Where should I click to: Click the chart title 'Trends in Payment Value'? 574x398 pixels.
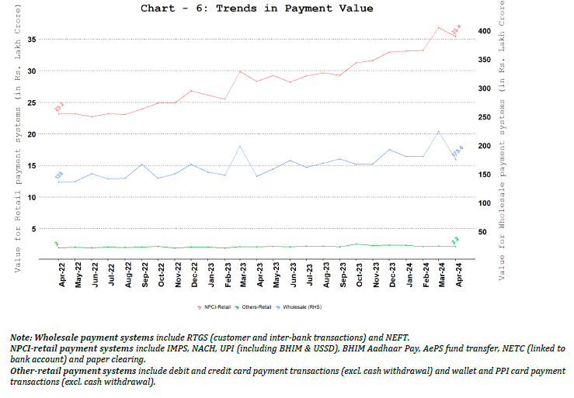(256, 9)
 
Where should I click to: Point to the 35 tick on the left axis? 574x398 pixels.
(30, 39)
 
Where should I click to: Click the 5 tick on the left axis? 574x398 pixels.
(33, 229)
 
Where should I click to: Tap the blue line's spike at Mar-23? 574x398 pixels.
(242, 146)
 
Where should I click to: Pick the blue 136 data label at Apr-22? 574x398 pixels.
(59, 175)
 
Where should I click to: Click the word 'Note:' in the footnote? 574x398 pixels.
(22, 339)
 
